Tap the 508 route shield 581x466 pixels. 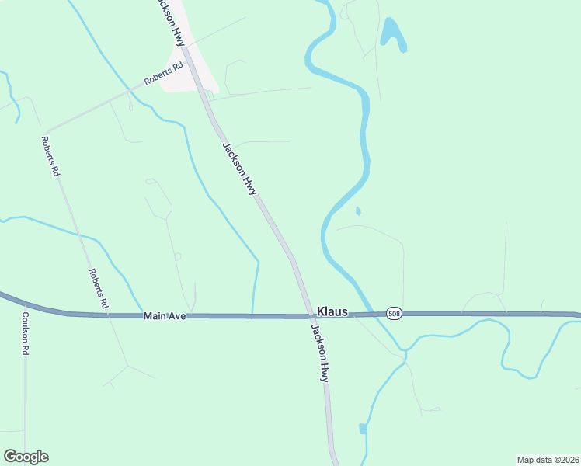click(x=394, y=312)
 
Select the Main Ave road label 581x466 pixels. click(x=165, y=315)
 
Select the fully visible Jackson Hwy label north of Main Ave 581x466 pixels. click(x=239, y=168)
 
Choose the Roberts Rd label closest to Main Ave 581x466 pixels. click(x=97, y=289)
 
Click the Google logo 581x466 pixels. click(x=26, y=457)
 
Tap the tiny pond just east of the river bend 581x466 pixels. click(x=357, y=210)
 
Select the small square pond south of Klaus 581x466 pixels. click(x=363, y=429)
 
